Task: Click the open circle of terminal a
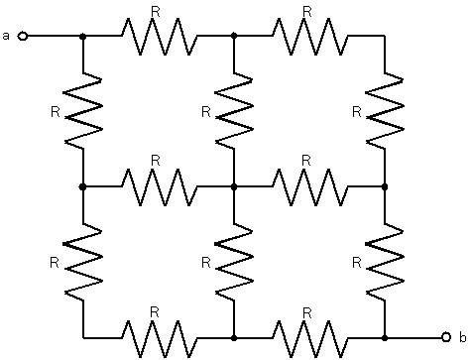click(23, 36)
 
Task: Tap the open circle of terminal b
click(446, 337)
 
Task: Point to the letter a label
click(6, 36)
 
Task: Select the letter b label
click(463, 337)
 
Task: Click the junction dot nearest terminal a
click(83, 36)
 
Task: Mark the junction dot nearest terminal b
click(385, 338)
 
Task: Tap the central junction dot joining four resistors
click(234, 187)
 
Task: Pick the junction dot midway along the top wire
click(234, 36)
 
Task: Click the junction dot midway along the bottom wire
click(234, 338)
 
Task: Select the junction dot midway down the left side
click(83, 187)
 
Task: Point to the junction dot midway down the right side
click(385, 187)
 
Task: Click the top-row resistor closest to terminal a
click(160, 36)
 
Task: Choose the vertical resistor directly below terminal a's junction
click(83, 111)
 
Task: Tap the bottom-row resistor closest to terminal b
click(310, 338)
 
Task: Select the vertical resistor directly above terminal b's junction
click(385, 262)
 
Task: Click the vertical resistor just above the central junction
click(234, 111)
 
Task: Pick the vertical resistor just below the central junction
click(234, 262)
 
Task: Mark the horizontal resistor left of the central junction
click(160, 187)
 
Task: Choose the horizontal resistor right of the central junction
click(310, 187)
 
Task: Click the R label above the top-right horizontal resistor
click(307, 12)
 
